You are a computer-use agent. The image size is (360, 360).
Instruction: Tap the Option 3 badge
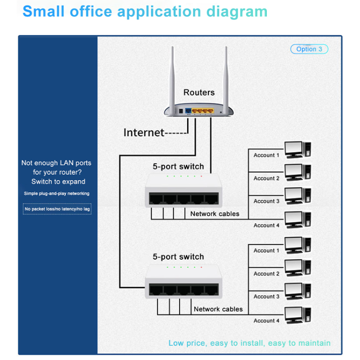tap(309, 49)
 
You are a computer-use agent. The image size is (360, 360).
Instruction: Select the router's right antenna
tap(226, 74)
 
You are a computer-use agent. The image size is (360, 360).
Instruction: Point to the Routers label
tap(199, 92)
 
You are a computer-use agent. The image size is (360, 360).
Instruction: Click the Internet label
tap(144, 132)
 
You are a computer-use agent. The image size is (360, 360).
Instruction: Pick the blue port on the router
tap(188, 111)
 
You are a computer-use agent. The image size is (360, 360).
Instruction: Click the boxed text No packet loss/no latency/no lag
tap(57, 209)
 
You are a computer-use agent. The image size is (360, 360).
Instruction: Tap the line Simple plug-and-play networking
tap(57, 193)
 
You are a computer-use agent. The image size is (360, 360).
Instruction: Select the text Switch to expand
tap(58, 181)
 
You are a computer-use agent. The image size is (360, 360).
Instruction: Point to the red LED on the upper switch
tap(201, 176)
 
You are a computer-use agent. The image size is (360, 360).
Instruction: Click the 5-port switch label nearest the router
tap(178, 167)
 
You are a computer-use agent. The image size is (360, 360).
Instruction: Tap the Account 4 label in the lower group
tap(266, 321)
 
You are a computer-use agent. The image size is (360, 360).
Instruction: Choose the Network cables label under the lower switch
tap(218, 309)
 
